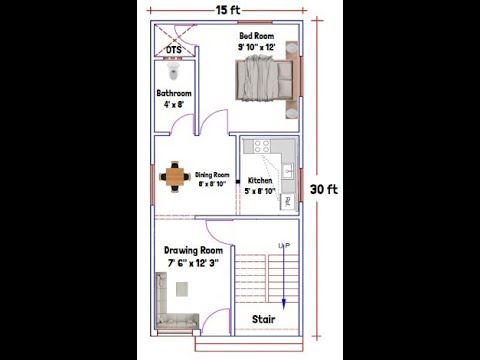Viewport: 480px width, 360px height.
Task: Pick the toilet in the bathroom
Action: (x=174, y=73)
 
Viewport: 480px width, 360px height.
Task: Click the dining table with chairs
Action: (x=176, y=177)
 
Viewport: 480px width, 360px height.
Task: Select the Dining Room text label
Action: (x=212, y=175)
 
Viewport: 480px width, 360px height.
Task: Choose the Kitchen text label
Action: (x=260, y=181)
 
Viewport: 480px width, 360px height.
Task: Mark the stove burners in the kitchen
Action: (x=262, y=147)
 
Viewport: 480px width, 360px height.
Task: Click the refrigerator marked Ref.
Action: (x=287, y=201)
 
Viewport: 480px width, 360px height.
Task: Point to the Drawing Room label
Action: (x=193, y=250)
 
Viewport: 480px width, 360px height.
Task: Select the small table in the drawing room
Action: (x=183, y=289)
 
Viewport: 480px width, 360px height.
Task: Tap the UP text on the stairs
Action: (x=284, y=245)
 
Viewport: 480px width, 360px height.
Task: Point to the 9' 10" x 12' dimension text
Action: (x=257, y=47)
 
